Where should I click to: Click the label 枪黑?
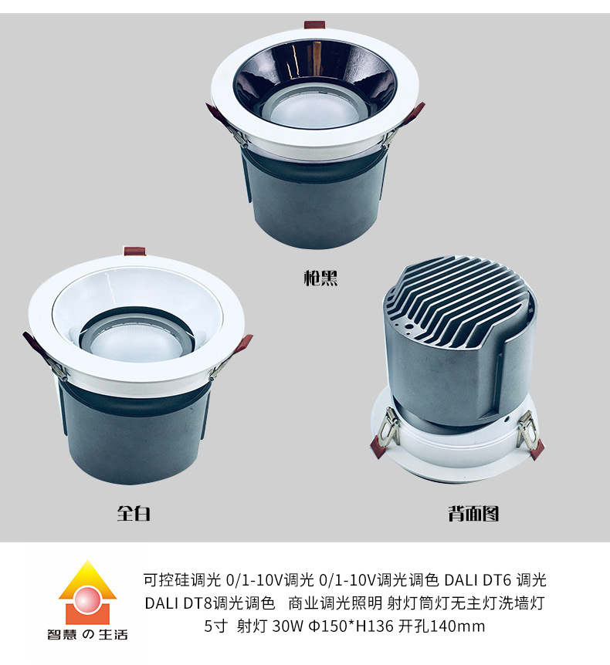[x=320, y=278]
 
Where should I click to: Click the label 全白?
[x=134, y=513]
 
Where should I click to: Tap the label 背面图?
[x=473, y=513]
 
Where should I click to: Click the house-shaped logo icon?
[x=87, y=592]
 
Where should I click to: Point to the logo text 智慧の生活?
[x=87, y=634]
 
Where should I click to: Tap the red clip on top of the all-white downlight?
[x=134, y=251]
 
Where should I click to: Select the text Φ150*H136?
[x=351, y=626]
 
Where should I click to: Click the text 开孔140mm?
[x=442, y=626]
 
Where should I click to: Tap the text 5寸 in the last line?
[x=216, y=626]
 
